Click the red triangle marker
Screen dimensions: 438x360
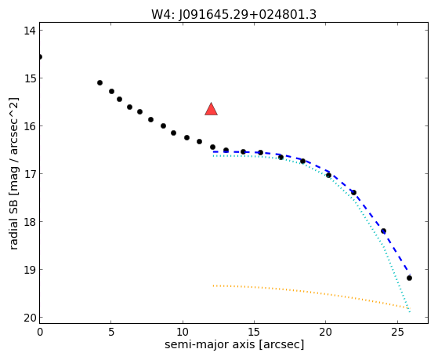(212, 109)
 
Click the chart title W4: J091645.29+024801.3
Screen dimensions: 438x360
(233, 15)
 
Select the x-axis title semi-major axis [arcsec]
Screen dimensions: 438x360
(234, 344)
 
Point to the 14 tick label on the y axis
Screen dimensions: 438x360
(30, 31)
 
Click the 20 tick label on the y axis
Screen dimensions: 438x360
(30, 318)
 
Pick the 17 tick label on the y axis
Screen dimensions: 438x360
(30, 174)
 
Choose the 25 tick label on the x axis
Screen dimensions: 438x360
(397, 333)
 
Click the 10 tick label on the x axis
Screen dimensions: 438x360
(183, 333)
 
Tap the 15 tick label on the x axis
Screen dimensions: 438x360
(254, 333)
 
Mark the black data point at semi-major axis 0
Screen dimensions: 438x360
(40, 57)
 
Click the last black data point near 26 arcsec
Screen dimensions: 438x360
(409, 278)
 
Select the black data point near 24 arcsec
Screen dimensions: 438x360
(383, 231)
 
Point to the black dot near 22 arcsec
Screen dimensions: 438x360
(353, 192)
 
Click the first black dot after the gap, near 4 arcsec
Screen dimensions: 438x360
(100, 83)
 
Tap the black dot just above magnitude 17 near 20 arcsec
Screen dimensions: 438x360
(328, 176)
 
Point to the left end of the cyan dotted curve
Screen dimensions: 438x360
(213, 156)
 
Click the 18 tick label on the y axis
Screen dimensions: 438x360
(30, 222)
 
